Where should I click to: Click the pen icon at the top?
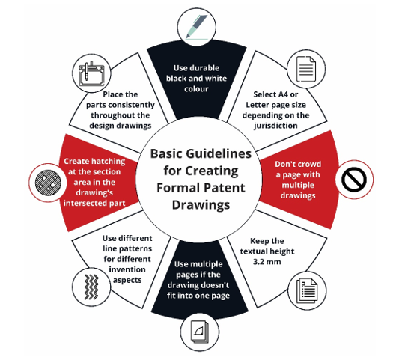pos(197,27)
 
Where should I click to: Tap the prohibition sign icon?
pos(354,180)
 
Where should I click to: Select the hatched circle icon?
pos(48,183)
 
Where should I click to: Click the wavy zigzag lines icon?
pos(91,287)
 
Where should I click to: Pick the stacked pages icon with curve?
pos(200,332)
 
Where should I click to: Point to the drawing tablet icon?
pos(91,73)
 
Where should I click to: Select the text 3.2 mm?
pos(267,262)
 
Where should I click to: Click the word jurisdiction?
pos(276,126)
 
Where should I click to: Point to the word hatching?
pos(109,162)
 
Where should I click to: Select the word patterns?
pos(135,249)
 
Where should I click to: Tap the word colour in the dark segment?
pos(196,89)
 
